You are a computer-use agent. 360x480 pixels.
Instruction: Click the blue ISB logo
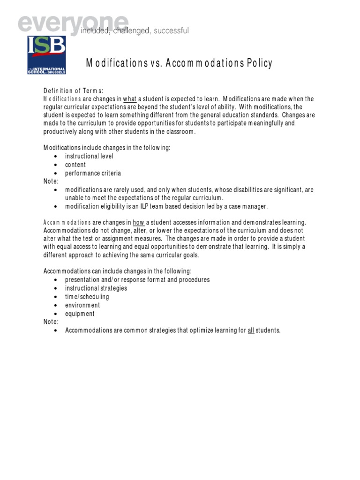coord(46,55)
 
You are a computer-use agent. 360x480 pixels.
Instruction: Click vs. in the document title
coord(152,64)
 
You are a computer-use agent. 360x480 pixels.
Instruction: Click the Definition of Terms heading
coord(74,90)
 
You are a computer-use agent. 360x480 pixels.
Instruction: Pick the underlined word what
coord(130,99)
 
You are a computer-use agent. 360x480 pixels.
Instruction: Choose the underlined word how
coord(139,222)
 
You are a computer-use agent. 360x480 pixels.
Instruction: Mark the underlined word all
coord(251,331)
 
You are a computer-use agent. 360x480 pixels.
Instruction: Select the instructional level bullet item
coord(89,156)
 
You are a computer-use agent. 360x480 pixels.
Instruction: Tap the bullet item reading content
coord(75,165)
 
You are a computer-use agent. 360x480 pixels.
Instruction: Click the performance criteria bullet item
coord(93,173)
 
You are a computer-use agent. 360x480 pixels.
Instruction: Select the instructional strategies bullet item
coord(96,288)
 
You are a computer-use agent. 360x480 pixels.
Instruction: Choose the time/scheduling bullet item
coord(87,297)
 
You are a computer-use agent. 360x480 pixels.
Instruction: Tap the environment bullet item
coord(82,305)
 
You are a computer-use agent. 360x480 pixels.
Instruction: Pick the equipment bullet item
coord(80,314)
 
